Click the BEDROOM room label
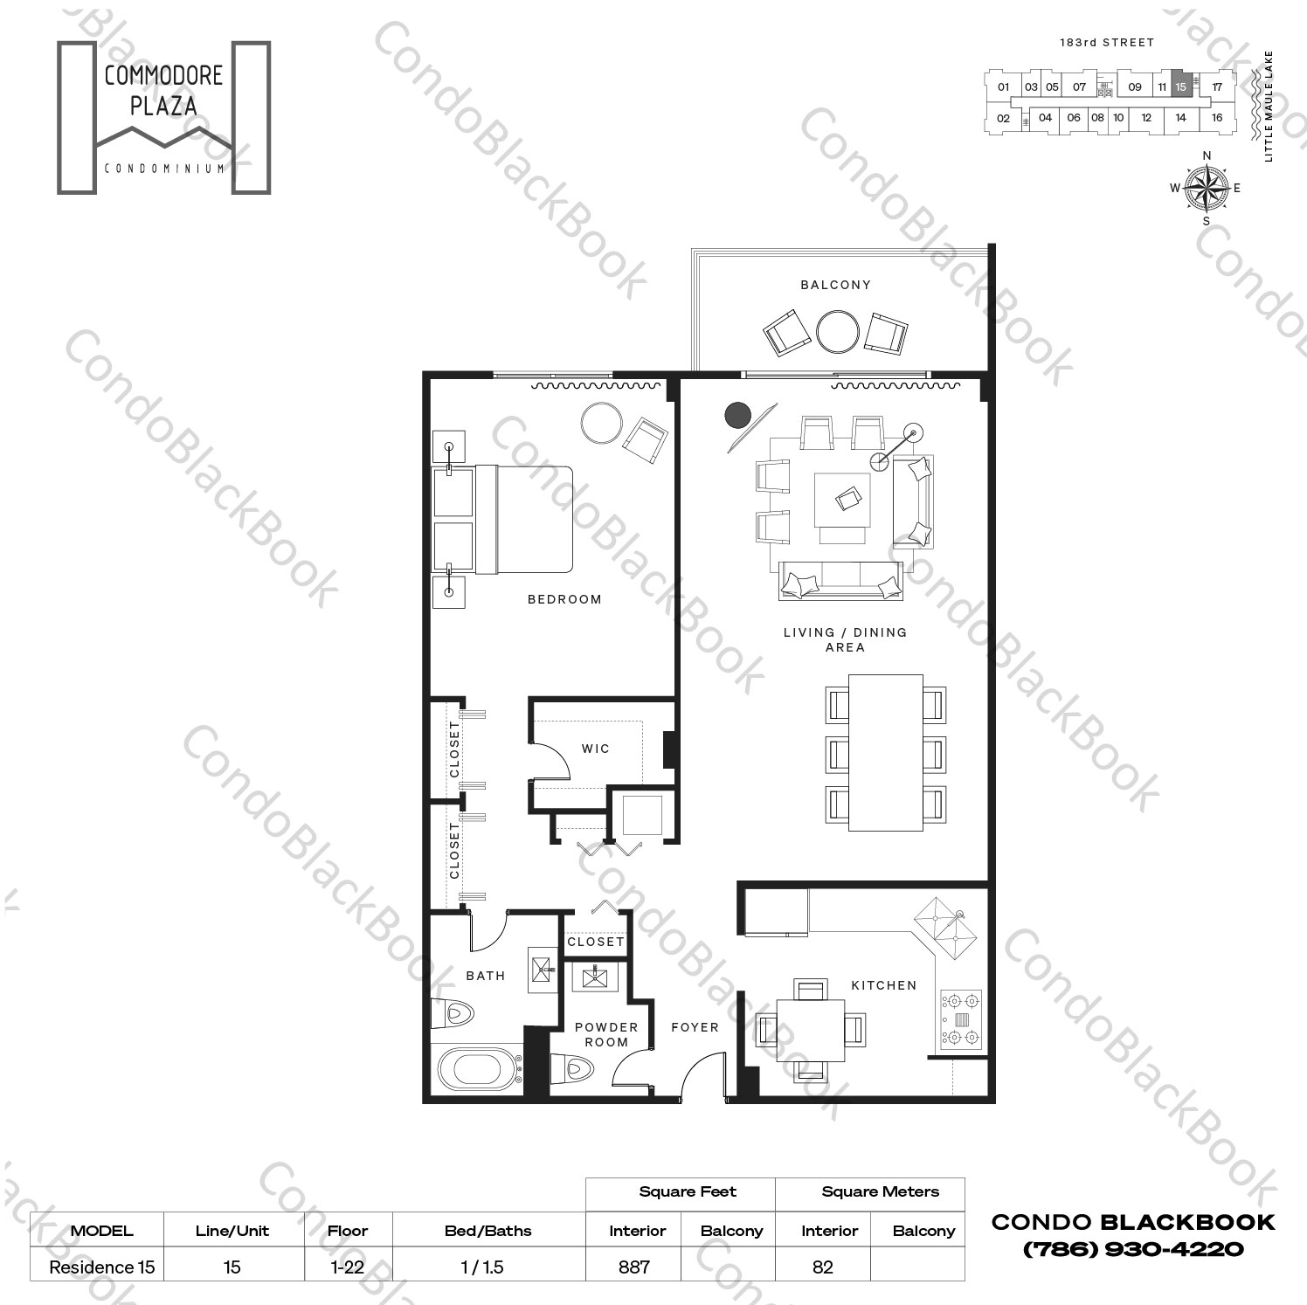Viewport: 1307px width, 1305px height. [564, 599]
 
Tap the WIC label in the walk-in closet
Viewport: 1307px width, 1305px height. [596, 749]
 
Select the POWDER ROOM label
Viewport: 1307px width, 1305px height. [606, 1034]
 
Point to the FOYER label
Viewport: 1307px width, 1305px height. [695, 1027]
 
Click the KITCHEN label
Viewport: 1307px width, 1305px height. [884, 985]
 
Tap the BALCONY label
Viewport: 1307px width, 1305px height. [835, 285]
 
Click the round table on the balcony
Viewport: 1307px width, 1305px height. [838, 332]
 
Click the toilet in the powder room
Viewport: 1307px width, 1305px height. [572, 1067]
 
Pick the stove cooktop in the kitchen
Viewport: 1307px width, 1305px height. [961, 1018]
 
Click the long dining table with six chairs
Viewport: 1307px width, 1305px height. [885, 753]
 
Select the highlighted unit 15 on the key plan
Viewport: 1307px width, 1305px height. [1180, 86]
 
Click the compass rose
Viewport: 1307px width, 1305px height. [1207, 188]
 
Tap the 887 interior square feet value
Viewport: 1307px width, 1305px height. [634, 1267]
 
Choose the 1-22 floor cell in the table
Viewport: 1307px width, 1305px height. [348, 1267]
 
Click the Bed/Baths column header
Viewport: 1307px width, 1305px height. [488, 1231]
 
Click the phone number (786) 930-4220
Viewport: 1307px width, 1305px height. [1133, 1249]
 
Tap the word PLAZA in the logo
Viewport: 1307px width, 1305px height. [163, 107]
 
